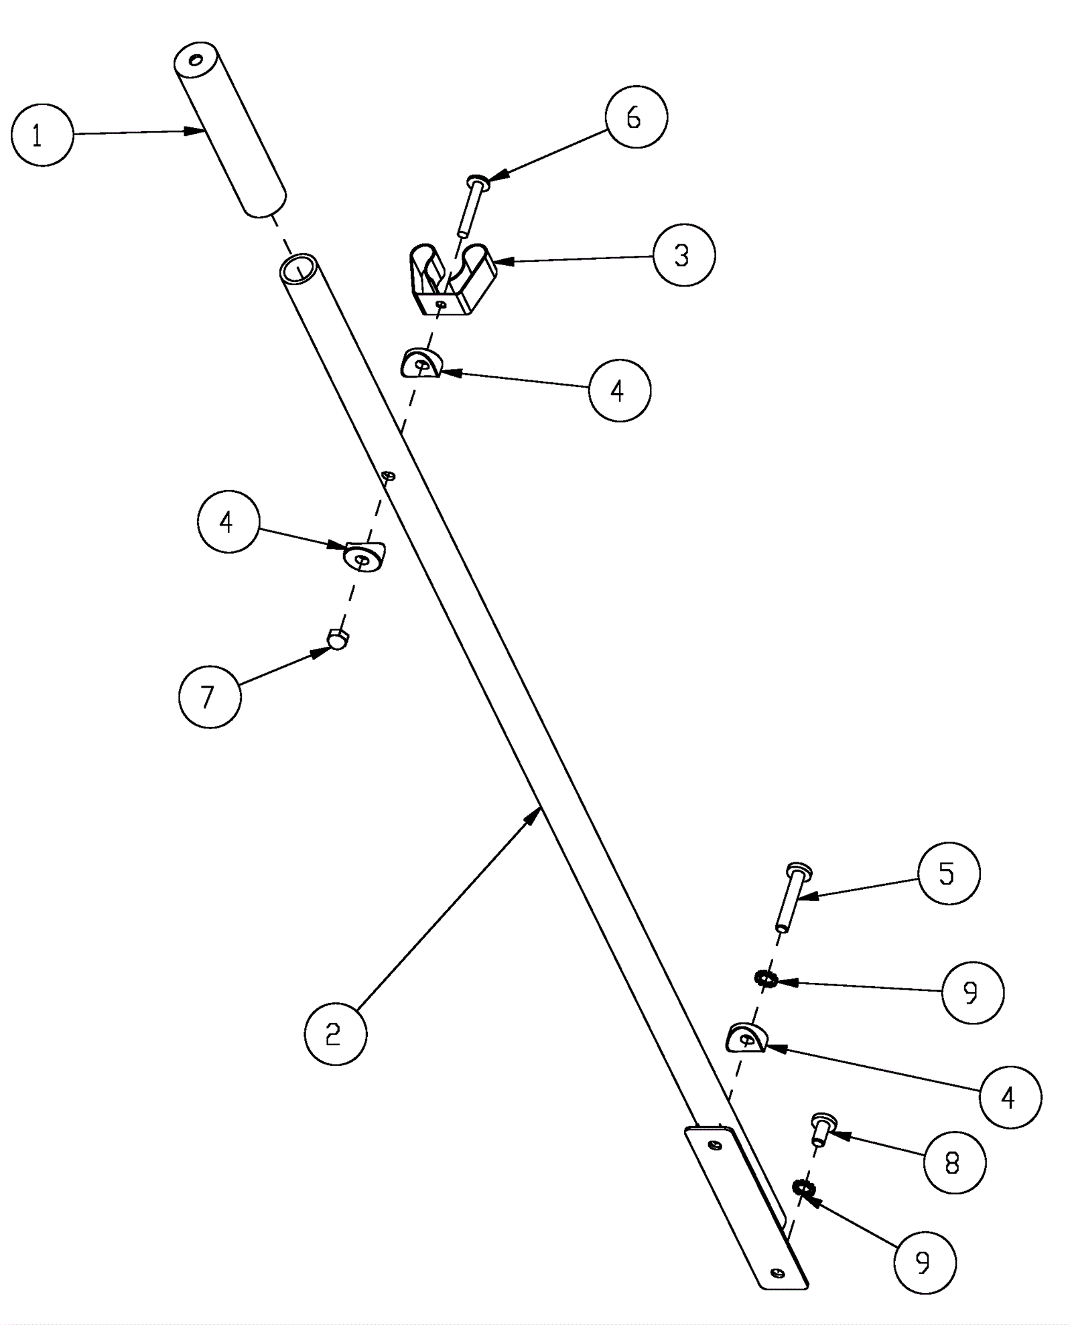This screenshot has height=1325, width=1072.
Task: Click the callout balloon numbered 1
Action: coord(42,135)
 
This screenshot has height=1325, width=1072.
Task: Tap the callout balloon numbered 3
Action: coord(683,255)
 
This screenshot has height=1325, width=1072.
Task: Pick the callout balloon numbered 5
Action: coord(948,873)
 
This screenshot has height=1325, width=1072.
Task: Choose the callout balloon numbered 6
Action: coord(635,117)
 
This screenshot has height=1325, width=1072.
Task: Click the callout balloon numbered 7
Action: coord(210,696)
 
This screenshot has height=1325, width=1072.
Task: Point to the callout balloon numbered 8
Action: coord(953,1162)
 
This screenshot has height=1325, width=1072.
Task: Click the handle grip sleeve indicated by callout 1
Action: coord(229,131)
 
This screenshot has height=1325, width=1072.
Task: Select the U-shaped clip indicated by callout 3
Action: coord(452,279)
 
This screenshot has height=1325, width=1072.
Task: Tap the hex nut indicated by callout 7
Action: coord(338,639)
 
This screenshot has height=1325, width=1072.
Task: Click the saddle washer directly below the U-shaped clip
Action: coord(421,364)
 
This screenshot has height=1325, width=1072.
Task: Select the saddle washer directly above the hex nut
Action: coord(364,556)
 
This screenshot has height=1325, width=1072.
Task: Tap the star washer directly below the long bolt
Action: coord(764,980)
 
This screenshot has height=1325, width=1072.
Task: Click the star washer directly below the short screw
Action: coord(802,1188)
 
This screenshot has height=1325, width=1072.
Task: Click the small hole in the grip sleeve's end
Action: coord(196,60)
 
